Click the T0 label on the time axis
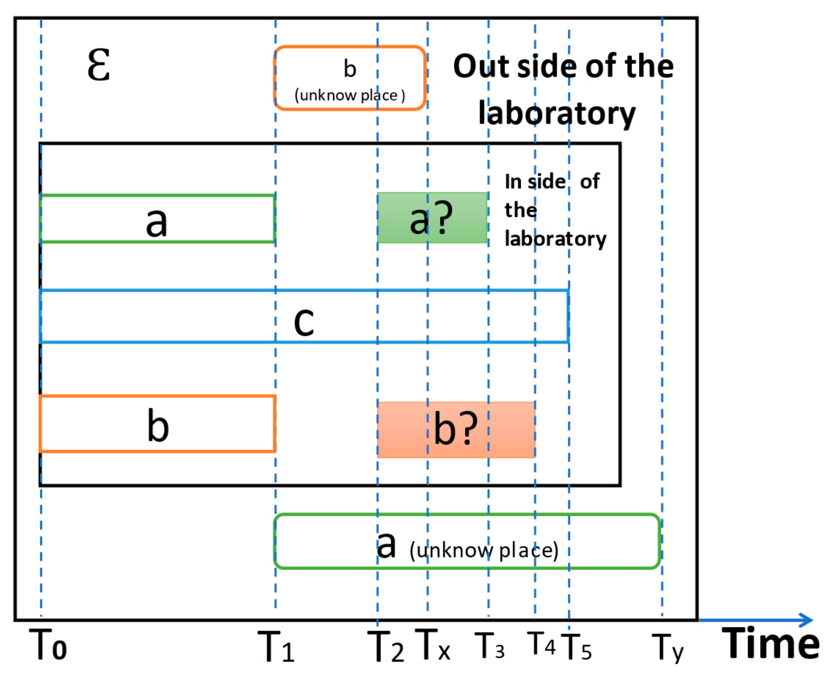tap(48, 644)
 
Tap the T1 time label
tap(276, 646)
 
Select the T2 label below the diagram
tap(385, 646)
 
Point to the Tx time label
tap(432, 644)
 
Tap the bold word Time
tap(770, 644)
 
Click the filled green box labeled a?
tap(432, 218)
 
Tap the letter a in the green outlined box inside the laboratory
tap(156, 222)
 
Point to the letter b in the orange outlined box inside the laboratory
tap(157, 426)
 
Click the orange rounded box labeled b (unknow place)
tap(349, 78)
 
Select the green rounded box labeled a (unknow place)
tap(467, 541)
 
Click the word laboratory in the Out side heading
tap(557, 113)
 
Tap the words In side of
tap(552, 181)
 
